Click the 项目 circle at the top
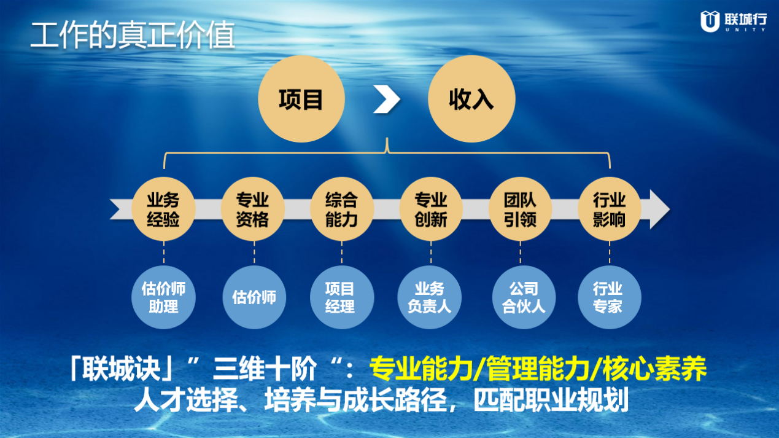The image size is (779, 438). coord(301,99)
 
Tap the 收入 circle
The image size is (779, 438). coord(471,99)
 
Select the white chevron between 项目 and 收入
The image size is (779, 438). coord(387,99)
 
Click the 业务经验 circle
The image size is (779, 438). coord(163,209)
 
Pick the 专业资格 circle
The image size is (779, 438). coord(253,209)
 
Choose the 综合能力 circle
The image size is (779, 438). coord(342,209)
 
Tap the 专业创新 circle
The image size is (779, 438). coord(431,209)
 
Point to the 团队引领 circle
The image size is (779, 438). coord(521,209)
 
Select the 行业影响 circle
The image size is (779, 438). coord(610,209)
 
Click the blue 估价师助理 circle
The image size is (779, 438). coord(163,297)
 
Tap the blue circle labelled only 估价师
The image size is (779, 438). coord(254,297)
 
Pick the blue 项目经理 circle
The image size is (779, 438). coord(342,297)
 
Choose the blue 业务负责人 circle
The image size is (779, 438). coord(430,297)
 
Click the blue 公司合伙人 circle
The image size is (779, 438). coord(524,297)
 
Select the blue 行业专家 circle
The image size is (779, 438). coord(610,297)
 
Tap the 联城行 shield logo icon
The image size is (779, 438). coord(710,22)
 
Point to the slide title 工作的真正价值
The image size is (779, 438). coord(133,35)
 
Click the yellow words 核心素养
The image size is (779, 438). coord(654,369)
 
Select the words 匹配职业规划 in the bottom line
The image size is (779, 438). coord(551,400)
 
